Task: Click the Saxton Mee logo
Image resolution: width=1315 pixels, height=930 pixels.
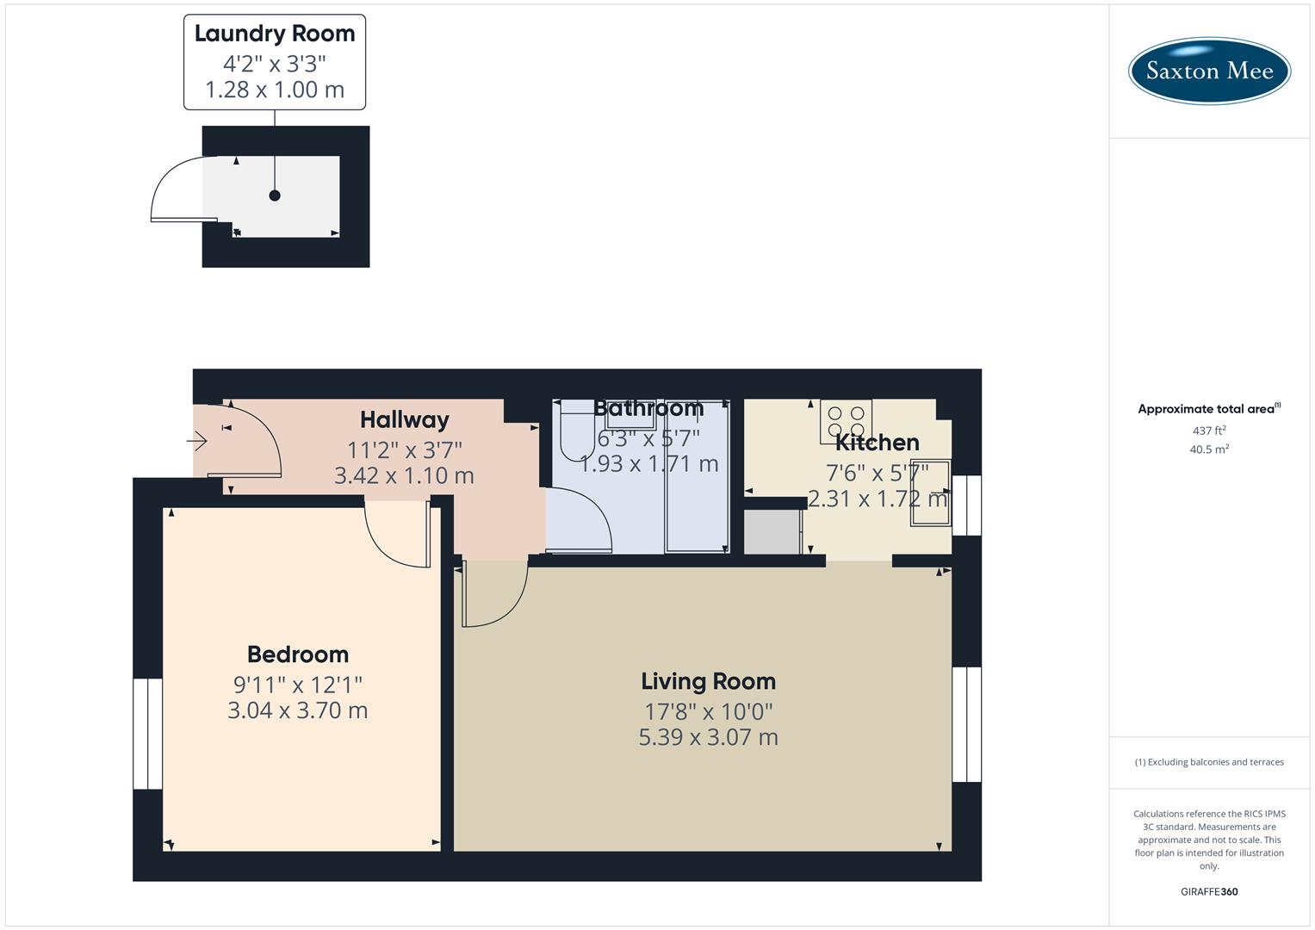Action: click(1209, 71)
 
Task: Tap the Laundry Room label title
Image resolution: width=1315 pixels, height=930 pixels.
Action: click(275, 34)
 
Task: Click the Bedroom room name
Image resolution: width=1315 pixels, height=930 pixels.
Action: click(298, 654)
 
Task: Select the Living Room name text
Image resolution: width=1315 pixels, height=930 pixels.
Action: click(708, 681)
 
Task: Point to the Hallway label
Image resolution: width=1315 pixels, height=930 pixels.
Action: click(404, 419)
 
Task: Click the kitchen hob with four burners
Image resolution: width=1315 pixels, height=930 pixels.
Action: click(846, 421)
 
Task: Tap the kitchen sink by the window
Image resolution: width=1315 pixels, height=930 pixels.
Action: click(930, 493)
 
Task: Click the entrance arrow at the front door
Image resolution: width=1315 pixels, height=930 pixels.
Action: click(197, 442)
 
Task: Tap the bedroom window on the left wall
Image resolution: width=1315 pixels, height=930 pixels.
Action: click(147, 734)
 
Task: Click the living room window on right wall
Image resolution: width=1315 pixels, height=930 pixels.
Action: click(966, 724)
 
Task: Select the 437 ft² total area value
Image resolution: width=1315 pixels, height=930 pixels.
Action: click(1209, 431)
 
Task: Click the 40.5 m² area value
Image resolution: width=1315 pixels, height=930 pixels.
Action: click(1209, 449)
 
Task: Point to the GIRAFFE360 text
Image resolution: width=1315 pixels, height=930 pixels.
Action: click(1209, 892)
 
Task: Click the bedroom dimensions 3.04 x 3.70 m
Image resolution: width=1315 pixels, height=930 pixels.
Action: click(298, 710)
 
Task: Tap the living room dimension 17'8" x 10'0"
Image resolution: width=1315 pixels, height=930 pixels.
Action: click(708, 711)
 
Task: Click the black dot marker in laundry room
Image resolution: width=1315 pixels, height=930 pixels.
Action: click(275, 195)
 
